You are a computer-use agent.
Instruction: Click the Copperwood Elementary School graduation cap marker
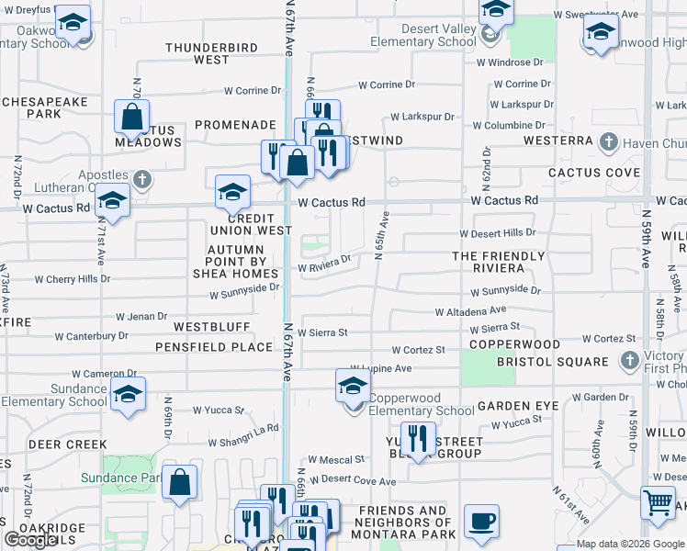tap(353, 388)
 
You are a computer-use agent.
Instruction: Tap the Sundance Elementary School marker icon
tap(128, 395)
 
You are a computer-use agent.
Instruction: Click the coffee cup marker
tap(481, 522)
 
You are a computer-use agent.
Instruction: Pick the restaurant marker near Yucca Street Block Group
tap(418, 440)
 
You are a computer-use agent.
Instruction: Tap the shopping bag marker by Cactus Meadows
tap(132, 118)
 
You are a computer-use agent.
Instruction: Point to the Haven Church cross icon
tap(607, 142)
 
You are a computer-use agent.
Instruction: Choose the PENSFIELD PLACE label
tap(214, 347)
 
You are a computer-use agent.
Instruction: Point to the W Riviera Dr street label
tap(324, 265)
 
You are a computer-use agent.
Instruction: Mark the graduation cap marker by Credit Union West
tap(233, 192)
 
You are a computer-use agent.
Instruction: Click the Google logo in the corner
tap(30, 540)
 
